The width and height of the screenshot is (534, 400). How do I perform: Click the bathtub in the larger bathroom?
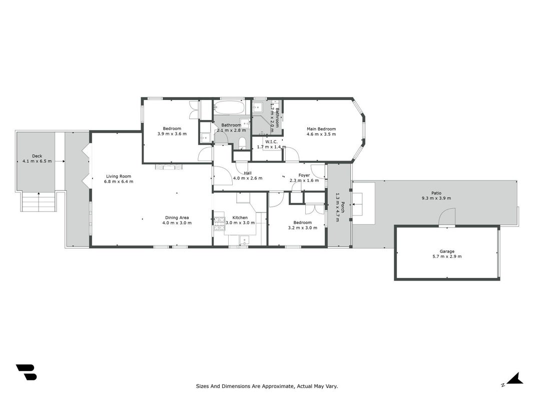pyautogui.click(x=229, y=107)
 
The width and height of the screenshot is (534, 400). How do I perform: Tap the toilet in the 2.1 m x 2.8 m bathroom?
pyautogui.click(x=243, y=143)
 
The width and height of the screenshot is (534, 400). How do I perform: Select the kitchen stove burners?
pyautogui.click(x=219, y=224)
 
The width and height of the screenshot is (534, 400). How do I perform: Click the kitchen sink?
pyautogui.click(x=244, y=241)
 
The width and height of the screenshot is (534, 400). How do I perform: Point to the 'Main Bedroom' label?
pyautogui.click(x=321, y=129)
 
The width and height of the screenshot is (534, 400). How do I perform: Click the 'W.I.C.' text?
pyautogui.click(x=271, y=142)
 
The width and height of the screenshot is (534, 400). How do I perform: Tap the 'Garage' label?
pyautogui.click(x=447, y=251)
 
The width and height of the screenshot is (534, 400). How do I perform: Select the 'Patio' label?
pyautogui.click(x=436, y=193)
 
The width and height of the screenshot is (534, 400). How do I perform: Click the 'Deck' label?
pyautogui.click(x=37, y=156)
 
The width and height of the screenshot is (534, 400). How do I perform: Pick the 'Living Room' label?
pyautogui.click(x=119, y=176)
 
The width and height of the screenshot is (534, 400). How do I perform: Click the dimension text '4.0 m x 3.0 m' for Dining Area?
pyautogui.click(x=177, y=223)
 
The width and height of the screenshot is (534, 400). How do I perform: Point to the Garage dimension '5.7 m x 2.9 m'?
pyautogui.click(x=447, y=256)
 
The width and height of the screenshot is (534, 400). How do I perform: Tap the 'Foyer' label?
pyautogui.click(x=304, y=175)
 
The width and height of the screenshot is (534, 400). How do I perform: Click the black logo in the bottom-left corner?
pyautogui.click(x=26, y=372)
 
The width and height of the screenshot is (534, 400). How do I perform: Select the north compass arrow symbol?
pyautogui.click(x=515, y=378)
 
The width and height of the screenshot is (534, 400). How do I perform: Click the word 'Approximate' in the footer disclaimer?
pyautogui.click(x=275, y=386)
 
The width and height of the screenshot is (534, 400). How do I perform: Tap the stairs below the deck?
pyautogui.click(x=39, y=201)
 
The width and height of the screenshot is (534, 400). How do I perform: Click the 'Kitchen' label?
pyautogui.click(x=240, y=217)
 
